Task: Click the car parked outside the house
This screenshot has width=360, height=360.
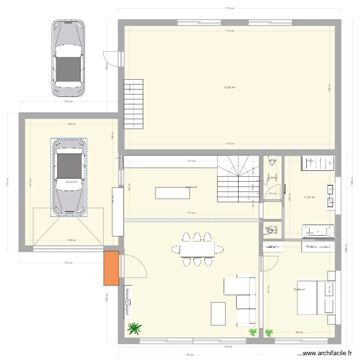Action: click(x=69, y=58)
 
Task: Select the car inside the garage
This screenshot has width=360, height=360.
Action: click(x=69, y=177)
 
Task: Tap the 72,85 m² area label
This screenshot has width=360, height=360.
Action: click(x=230, y=87)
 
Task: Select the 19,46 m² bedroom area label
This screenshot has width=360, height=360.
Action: click(x=299, y=289)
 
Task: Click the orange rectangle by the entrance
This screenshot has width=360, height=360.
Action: click(x=111, y=268)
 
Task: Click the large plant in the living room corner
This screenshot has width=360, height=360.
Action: click(x=135, y=328)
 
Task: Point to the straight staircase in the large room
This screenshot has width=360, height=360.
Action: click(x=134, y=104)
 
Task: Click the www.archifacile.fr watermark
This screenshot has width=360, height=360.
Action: click(x=325, y=352)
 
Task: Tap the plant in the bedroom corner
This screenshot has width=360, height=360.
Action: click(x=269, y=332)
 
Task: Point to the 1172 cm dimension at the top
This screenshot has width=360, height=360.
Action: click(x=229, y=8)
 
